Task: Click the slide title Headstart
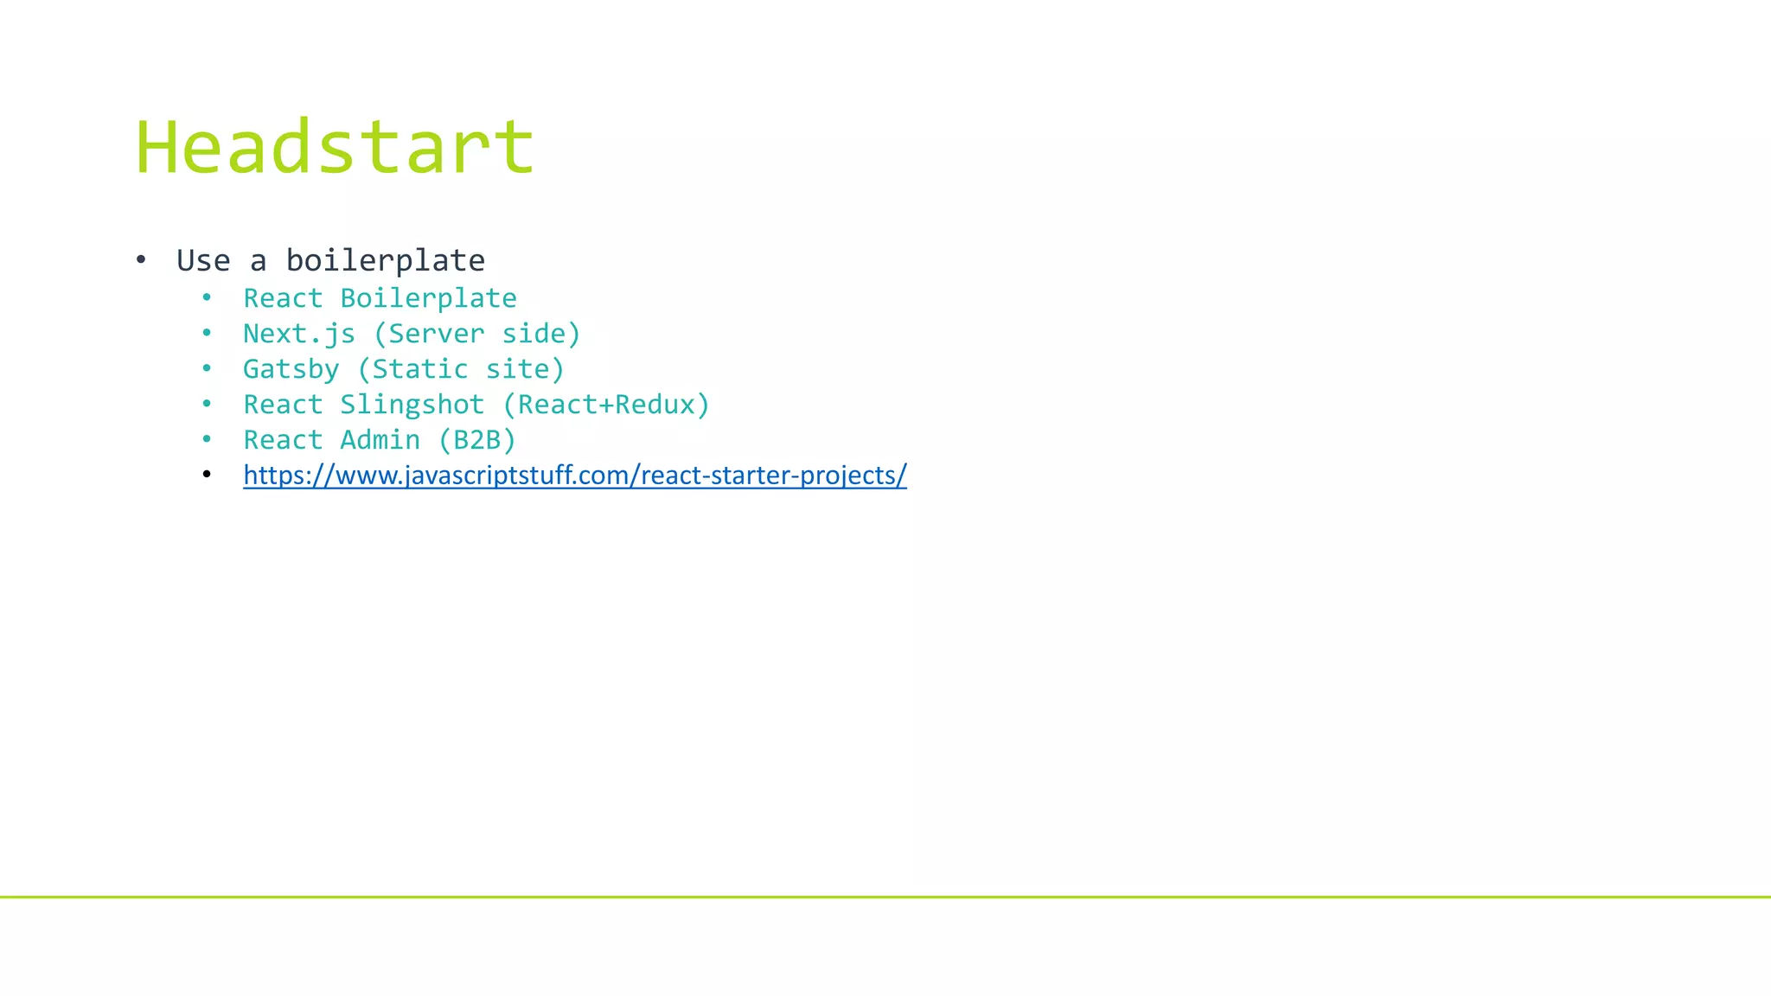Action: click(x=335, y=147)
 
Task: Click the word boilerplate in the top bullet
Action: click(x=385, y=260)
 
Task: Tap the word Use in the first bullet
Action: click(x=203, y=260)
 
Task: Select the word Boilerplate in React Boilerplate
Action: click(x=428, y=298)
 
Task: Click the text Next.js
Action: click(x=298, y=334)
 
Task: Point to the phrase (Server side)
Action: click(x=476, y=334)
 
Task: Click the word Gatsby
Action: click(x=291, y=369)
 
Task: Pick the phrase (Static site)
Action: click(x=461, y=369)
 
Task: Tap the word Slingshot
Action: click(x=412, y=405)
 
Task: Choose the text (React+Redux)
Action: click(x=605, y=405)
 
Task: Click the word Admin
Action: click(x=380, y=440)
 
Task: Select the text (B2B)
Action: click(x=476, y=440)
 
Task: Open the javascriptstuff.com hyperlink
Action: click(x=574, y=476)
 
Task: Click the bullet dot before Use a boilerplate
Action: click(x=141, y=259)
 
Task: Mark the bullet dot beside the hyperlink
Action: click(x=207, y=475)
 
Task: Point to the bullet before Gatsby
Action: click(x=207, y=369)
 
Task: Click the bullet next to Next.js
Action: click(x=207, y=334)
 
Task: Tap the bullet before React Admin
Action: click(x=207, y=440)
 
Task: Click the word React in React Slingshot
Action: click(x=283, y=405)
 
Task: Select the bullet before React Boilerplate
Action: click(x=207, y=298)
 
